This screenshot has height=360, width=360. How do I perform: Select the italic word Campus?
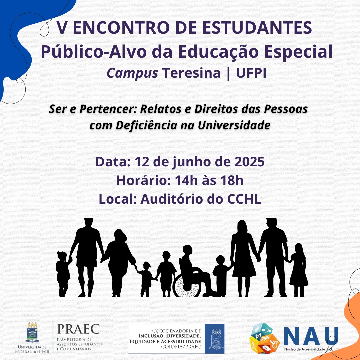[x=132, y=73]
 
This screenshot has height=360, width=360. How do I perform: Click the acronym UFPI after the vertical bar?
[x=251, y=73]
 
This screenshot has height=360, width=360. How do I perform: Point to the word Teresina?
[x=191, y=73]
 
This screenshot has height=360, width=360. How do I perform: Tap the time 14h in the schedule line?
[x=186, y=180]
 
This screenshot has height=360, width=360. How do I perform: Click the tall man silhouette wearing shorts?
[x=87, y=257]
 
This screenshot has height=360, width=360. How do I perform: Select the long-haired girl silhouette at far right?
[x=298, y=270]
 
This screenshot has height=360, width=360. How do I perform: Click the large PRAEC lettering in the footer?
[x=79, y=329]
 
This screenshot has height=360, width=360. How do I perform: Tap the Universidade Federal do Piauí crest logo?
[x=32, y=332]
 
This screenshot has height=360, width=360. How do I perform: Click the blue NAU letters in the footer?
[x=311, y=336]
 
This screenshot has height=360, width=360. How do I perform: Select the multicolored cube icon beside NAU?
[x=265, y=338]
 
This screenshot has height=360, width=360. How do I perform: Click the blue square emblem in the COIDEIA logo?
[x=214, y=339]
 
